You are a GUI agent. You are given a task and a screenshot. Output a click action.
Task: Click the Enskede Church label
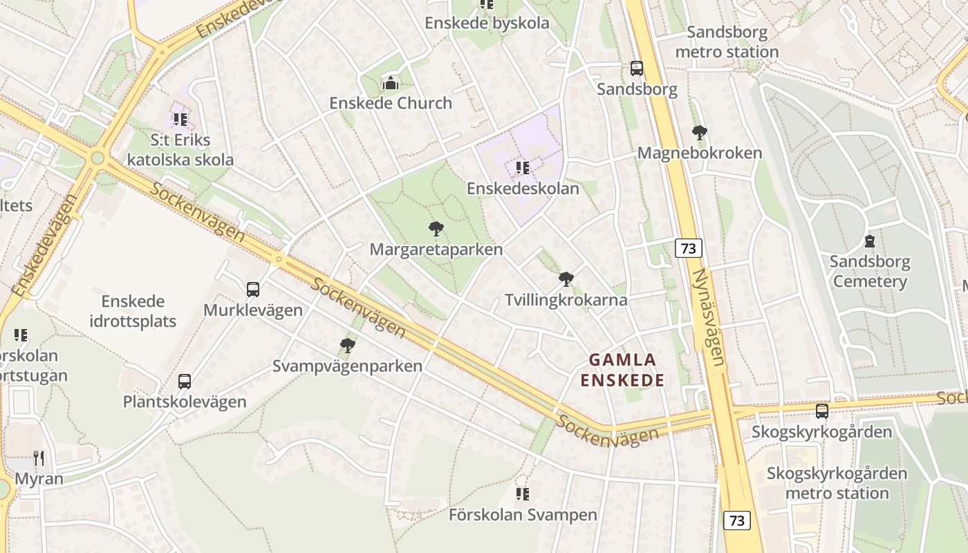tap(390, 103)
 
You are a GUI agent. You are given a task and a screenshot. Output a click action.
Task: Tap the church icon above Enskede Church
tap(390, 84)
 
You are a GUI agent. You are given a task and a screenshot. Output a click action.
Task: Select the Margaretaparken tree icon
tap(436, 229)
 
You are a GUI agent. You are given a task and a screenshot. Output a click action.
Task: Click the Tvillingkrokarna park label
tap(566, 300)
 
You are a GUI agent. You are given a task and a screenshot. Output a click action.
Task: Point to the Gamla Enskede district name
tap(622, 370)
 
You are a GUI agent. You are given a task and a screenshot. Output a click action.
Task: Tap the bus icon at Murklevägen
tap(253, 290)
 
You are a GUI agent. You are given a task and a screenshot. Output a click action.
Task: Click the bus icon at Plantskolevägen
tap(184, 381)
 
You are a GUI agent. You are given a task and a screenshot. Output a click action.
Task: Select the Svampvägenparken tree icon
tap(347, 345)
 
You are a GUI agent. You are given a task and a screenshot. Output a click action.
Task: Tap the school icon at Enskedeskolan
tap(523, 168)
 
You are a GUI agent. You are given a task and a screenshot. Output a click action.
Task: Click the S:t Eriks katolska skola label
tap(181, 150)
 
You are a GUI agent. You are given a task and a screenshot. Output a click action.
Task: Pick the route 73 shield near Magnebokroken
tap(688, 248)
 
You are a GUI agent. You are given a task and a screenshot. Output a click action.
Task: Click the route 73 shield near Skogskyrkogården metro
tap(736, 520)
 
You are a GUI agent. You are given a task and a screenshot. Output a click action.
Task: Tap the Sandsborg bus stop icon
tap(637, 68)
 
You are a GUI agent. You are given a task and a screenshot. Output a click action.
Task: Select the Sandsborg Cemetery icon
tap(869, 241)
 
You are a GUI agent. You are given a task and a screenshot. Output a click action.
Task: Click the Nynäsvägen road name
tap(712, 317)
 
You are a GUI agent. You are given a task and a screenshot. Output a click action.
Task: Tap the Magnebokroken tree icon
tap(699, 132)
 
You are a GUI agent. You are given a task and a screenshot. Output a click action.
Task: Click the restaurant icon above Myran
tap(39, 458)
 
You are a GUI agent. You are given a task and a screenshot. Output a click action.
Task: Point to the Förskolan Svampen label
tap(522, 515)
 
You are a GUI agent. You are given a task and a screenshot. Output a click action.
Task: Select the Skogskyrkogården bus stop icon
tap(821, 411)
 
